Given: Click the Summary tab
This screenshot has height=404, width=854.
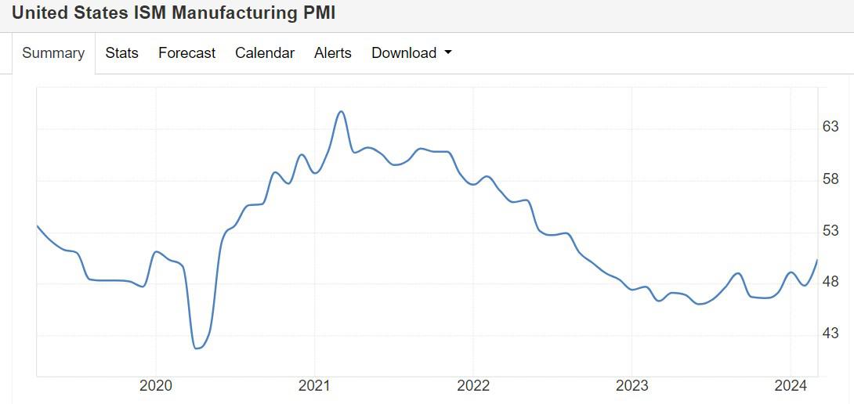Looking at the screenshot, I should [x=53, y=53].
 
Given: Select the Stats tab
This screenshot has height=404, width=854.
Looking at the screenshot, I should [x=121, y=53].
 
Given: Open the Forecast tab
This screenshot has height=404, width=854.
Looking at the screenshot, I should [x=186, y=53].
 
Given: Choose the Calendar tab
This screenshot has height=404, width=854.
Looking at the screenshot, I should [x=265, y=53].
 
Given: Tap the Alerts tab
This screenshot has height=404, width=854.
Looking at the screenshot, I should [x=333, y=53].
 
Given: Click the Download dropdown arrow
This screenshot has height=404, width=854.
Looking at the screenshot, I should [x=448, y=53].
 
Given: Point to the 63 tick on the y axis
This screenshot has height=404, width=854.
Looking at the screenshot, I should [x=830, y=127].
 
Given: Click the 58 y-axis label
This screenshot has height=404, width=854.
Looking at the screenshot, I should [x=830, y=179].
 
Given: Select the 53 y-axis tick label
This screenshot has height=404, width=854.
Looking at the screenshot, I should [x=830, y=231].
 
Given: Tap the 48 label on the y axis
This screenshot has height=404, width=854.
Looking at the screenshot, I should [x=830, y=282].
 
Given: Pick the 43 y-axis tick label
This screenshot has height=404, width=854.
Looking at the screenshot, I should [x=830, y=334].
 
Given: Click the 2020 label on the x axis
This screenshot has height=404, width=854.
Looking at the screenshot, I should [x=155, y=385].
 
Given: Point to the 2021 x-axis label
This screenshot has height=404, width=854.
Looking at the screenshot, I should [x=314, y=385].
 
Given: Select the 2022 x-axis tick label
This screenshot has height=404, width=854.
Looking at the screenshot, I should [x=473, y=385].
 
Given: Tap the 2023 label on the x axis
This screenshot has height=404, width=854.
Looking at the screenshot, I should [x=632, y=385].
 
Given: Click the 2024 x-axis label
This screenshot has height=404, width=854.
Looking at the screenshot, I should [x=791, y=385].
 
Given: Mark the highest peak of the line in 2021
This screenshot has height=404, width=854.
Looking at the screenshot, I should [x=341, y=111].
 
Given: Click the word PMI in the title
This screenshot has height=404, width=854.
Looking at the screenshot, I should [x=317, y=13].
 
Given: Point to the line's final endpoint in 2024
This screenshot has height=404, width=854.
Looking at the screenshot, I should [x=817, y=260].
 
